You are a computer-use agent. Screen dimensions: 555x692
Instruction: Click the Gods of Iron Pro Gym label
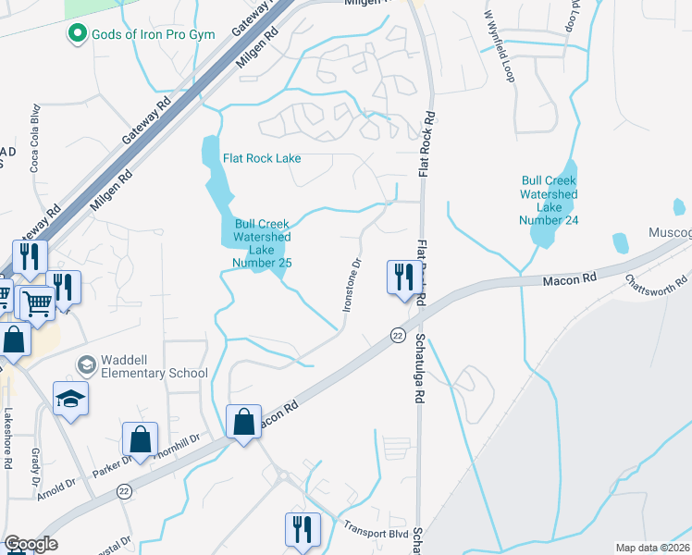point(153,35)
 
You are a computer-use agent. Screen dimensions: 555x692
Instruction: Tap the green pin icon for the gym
point(77,35)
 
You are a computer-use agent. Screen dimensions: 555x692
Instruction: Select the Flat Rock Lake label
point(262,158)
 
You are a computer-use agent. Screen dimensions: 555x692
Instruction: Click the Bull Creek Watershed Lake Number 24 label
point(549,201)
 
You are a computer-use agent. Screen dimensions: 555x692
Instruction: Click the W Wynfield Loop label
point(498,46)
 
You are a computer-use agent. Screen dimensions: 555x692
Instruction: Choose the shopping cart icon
point(37,302)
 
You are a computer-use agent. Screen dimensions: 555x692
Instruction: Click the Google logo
point(31,544)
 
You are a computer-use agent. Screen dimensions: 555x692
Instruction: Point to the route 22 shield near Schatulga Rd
point(398,334)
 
